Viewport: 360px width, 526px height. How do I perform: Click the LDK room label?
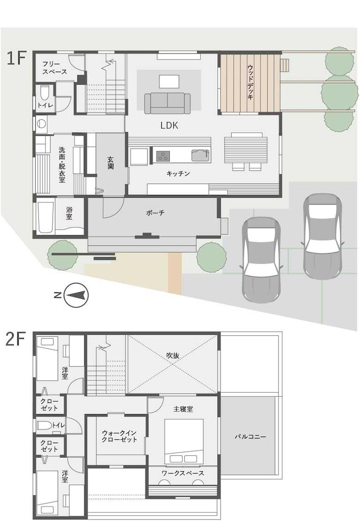click(x=169, y=126)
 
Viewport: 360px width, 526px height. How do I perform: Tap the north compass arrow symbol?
click(x=76, y=295)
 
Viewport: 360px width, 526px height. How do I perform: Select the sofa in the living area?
click(x=167, y=103)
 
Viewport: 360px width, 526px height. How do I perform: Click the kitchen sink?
click(x=201, y=156)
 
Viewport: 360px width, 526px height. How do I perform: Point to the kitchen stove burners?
click(x=163, y=156)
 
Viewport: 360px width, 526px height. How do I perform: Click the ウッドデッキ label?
click(x=250, y=82)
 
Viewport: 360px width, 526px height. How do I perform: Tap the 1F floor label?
click(x=16, y=59)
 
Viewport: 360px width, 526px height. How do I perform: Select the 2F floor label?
click(x=15, y=340)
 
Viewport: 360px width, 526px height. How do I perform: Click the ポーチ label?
click(x=155, y=213)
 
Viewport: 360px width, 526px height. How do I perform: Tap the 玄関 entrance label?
click(x=111, y=163)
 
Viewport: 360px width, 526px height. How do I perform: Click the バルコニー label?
click(x=250, y=437)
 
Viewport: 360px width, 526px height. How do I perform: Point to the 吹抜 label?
click(x=172, y=355)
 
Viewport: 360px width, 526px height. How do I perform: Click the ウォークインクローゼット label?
click(x=119, y=436)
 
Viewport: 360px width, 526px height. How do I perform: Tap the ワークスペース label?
click(x=183, y=473)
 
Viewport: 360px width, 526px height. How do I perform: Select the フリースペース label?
click(x=54, y=67)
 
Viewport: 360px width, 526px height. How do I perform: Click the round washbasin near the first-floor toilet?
click(x=41, y=124)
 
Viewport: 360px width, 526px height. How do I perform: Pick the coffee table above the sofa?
click(x=169, y=81)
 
